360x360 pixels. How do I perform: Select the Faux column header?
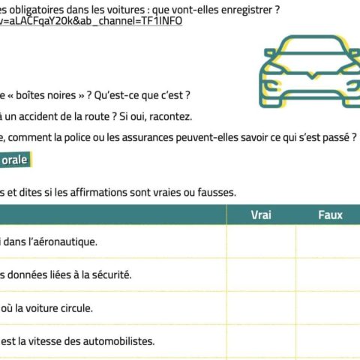pos(330,215)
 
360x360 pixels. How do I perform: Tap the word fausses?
pos(215,192)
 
